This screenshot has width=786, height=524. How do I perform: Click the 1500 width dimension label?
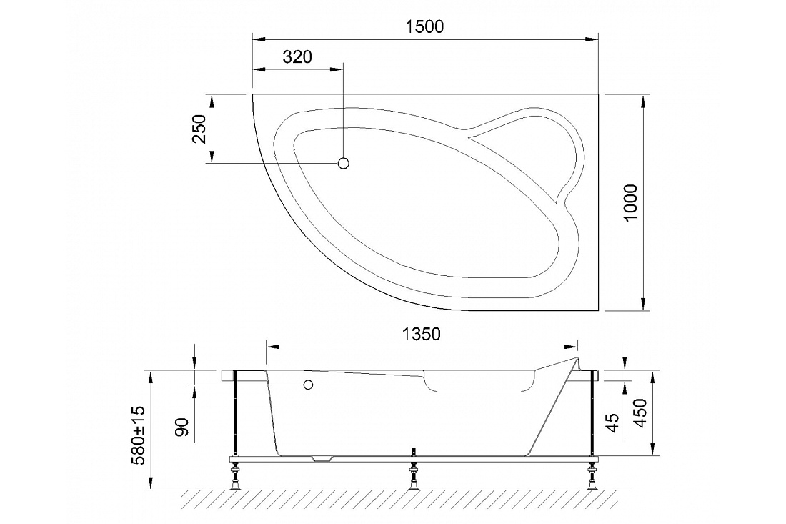(x=424, y=26)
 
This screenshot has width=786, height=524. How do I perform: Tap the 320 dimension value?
(x=297, y=57)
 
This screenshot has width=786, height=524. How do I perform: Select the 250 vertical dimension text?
(x=199, y=129)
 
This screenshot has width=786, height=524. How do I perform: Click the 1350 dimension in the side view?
(x=421, y=334)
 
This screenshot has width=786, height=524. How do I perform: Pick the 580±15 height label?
(x=137, y=435)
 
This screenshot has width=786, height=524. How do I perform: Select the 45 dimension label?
(x=613, y=422)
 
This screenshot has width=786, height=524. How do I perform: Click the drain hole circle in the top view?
(x=344, y=163)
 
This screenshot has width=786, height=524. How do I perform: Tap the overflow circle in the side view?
(x=308, y=385)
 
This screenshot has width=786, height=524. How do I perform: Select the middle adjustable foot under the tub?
(x=414, y=474)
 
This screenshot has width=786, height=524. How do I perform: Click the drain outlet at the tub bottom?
(x=322, y=458)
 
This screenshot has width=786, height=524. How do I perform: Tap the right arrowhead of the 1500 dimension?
(x=593, y=39)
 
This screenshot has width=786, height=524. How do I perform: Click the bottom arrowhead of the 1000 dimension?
(x=642, y=304)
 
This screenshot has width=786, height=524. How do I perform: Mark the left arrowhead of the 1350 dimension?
(x=272, y=347)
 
